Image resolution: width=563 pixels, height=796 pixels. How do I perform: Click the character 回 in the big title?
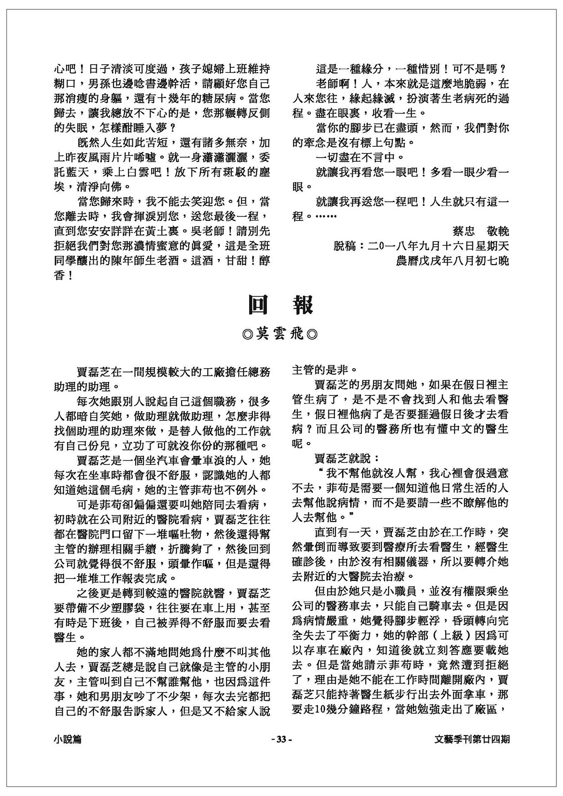coord(259,306)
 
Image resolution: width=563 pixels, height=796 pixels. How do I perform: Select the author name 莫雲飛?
coord(281,334)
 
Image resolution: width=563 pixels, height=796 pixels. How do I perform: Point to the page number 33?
coord(281,739)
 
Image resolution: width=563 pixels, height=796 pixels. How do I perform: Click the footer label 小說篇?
coord(68,739)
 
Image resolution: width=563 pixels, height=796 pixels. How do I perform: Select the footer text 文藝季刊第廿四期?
coord(472,739)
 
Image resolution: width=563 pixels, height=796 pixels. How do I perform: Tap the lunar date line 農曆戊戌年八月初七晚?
coord(452,260)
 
